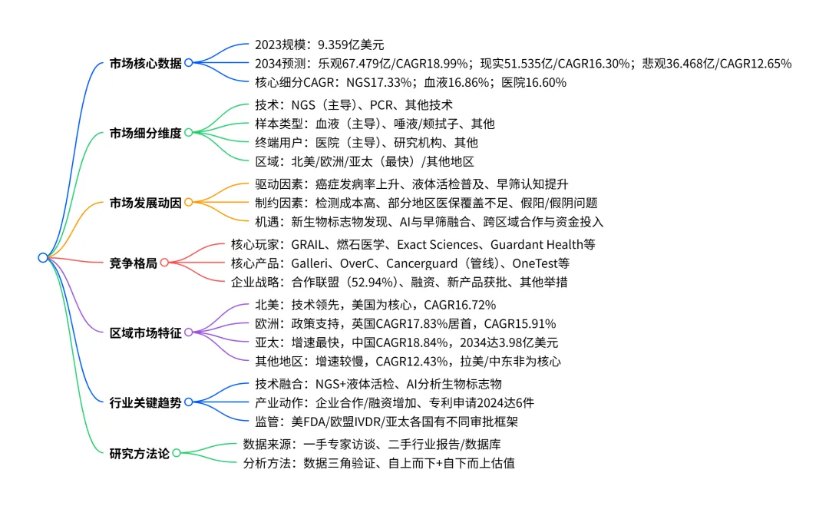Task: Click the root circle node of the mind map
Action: [x=43, y=258]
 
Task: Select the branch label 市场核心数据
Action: [x=146, y=64]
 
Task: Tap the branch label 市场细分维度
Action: [x=146, y=133]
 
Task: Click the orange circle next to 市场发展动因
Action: [x=189, y=203]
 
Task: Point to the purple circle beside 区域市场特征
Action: [x=189, y=332]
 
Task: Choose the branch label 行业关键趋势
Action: [x=146, y=402]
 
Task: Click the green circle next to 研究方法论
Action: [x=176, y=453]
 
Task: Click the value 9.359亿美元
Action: [x=356, y=45]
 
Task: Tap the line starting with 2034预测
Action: [x=523, y=64]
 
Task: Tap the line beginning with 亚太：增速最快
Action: [x=406, y=342]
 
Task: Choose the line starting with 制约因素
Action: [x=425, y=203]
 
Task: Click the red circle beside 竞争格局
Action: [x=164, y=263]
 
